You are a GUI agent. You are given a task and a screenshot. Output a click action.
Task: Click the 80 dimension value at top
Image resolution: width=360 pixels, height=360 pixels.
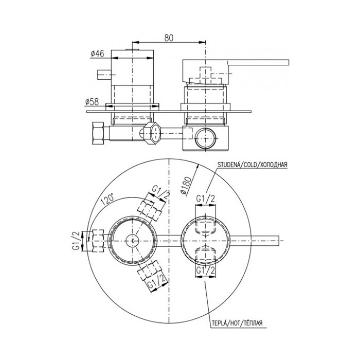169,38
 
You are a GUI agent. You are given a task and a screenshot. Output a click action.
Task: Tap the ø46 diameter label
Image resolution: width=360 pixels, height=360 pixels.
97,53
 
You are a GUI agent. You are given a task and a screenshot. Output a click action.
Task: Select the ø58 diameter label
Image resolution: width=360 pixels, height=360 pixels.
92,102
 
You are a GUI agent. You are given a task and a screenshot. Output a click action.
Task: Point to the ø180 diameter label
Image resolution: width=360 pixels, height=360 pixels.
186,186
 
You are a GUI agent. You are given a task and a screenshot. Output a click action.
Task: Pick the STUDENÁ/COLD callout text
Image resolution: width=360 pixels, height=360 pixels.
252,165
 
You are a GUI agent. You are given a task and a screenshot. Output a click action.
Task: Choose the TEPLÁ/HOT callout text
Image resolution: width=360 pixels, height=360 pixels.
237,323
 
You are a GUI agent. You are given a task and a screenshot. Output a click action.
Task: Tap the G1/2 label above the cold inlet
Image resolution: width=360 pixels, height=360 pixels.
206,199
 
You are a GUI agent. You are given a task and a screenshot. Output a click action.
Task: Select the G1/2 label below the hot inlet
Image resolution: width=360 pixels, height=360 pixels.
206,271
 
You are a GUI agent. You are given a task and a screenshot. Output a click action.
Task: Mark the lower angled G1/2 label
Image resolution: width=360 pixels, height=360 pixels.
156,282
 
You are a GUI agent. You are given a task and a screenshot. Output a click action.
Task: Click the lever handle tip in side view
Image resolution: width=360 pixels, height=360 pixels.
288,62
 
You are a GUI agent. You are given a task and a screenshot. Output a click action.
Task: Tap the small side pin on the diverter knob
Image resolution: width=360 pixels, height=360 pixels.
104,75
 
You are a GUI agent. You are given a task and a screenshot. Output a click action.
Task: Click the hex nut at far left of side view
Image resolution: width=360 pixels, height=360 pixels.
98,133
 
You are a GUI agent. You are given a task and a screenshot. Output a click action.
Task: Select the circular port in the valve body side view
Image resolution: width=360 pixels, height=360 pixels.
206,138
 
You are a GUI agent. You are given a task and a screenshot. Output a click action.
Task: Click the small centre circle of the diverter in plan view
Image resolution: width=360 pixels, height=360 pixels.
133,241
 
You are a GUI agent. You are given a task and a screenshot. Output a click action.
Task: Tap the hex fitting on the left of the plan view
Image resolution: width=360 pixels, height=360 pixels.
98,241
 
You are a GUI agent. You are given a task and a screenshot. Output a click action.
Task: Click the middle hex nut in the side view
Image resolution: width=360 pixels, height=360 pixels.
152,133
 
